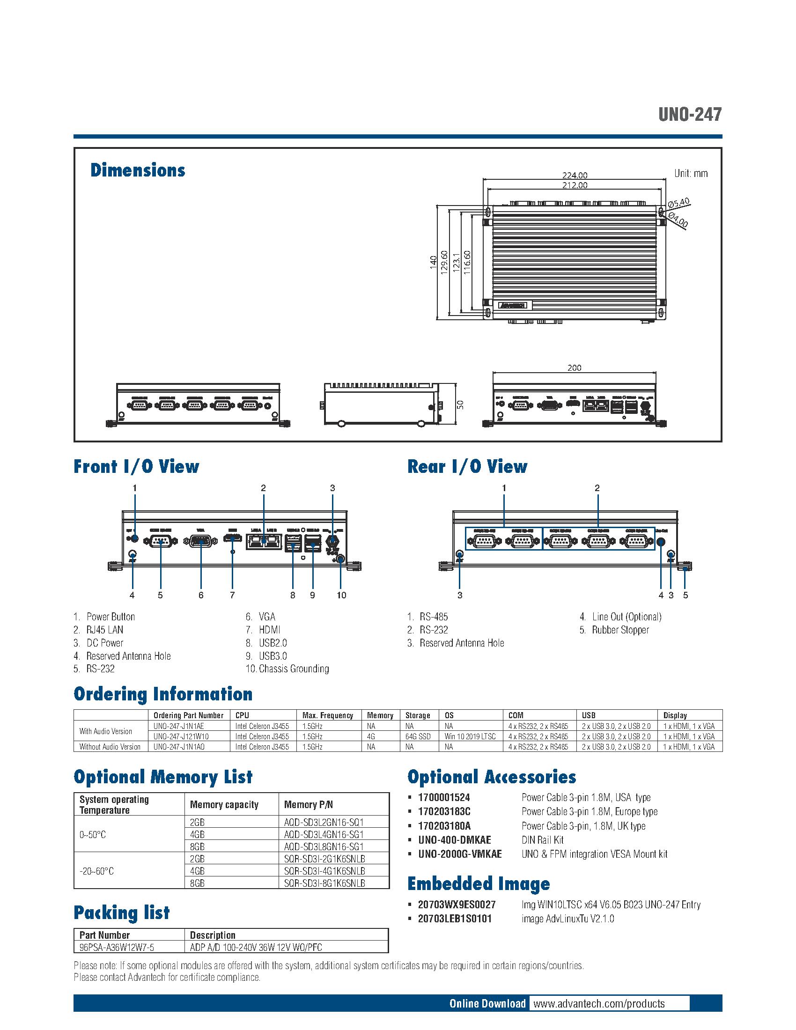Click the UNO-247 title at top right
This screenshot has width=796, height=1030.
690,115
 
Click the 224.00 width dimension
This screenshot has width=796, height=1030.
574,176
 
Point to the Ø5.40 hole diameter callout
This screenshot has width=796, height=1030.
678,203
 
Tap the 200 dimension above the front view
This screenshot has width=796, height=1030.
574,368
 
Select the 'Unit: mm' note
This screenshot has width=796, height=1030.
690,174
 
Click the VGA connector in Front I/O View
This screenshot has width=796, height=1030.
201,542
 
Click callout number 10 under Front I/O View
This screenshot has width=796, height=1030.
341,595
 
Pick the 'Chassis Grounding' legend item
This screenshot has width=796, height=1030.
293,669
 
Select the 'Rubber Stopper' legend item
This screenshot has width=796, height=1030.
620,630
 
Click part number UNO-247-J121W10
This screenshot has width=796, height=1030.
181,736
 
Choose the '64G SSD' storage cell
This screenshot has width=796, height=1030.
418,736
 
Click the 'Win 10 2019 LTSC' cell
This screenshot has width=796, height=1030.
470,736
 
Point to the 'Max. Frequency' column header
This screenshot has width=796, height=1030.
328,715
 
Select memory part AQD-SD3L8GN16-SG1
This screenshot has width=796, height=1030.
324,846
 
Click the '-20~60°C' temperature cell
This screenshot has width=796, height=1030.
96,871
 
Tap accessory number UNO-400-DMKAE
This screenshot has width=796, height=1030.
454,840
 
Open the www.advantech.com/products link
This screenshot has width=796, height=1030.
599,1004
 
